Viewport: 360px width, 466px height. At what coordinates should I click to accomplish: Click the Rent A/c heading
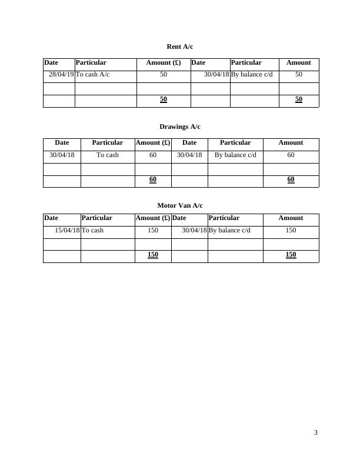[x=179, y=46]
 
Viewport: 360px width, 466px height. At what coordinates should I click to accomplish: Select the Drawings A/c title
[x=179, y=127]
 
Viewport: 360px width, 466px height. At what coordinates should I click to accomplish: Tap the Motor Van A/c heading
[x=179, y=205]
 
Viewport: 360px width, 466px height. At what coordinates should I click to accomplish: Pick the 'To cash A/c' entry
[x=92, y=75]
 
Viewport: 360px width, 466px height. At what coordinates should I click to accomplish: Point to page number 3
[x=316, y=433]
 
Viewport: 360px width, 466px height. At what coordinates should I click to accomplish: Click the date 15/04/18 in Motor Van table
[x=67, y=230]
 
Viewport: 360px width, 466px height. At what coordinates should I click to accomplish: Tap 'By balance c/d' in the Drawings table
[x=235, y=155]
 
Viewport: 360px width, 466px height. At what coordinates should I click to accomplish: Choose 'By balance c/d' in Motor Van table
[x=229, y=230]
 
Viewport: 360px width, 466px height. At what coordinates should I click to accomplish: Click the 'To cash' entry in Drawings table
[x=108, y=155]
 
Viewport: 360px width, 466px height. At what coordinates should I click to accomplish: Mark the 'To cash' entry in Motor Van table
[x=92, y=230]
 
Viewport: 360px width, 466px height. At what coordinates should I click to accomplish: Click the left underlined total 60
[x=153, y=179]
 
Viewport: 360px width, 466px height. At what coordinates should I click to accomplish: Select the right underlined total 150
[x=291, y=254]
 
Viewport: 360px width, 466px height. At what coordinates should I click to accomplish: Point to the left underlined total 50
[x=164, y=99]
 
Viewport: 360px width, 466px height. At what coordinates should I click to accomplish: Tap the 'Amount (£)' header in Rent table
[x=164, y=62]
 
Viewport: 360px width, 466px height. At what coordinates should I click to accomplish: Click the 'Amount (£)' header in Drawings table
[x=153, y=142]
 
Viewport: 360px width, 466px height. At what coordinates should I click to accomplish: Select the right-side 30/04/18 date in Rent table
[x=216, y=75]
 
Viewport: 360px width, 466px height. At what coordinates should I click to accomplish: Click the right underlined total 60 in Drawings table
[x=291, y=179]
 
